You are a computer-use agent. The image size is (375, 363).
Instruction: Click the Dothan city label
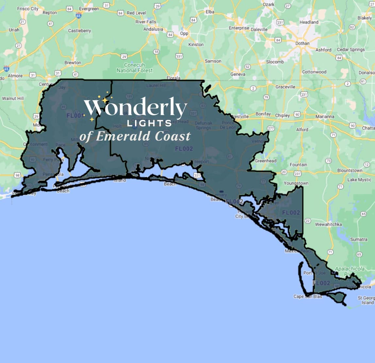coord(302,43)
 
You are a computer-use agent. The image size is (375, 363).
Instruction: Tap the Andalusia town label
coord(153,29)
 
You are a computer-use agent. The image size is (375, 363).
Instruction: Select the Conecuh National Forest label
coord(134,68)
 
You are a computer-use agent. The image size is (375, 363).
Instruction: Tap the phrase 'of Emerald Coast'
coord(135,136)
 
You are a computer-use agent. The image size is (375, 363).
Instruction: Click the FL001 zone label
coord(76,115)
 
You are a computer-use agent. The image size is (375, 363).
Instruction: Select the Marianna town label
coord(325,116)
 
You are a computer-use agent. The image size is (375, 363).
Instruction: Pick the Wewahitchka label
coord(328,224)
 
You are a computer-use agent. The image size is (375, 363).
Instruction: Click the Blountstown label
coord(350,170)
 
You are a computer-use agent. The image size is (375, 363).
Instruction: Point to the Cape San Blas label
coord(307,296)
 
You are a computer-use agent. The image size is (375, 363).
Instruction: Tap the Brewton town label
coord(73,63)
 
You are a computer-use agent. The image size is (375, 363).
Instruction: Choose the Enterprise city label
coord(239,28)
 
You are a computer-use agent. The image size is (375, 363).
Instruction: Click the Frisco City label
coord(27,9)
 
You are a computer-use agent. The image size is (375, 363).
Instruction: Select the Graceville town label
coord(285,87)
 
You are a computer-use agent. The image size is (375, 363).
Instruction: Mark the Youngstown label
coord(296,183)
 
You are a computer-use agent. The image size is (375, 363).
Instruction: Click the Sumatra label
coord(359,239)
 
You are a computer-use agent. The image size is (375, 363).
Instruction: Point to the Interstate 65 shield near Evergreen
coord(78,15)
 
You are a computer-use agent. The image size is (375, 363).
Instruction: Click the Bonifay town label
coord(263,114)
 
